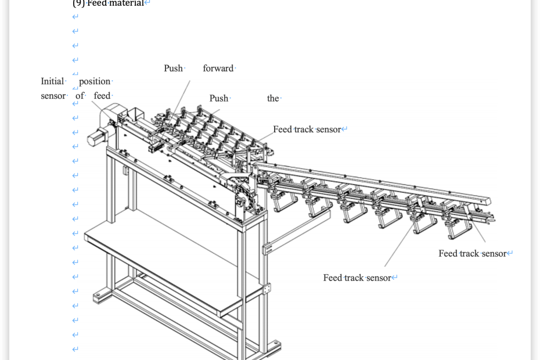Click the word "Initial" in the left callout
click(52, 81)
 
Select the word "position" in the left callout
click(95, 81)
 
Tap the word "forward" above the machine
click(218, 69)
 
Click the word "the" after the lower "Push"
click(273, 99)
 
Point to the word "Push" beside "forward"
click(173, 69)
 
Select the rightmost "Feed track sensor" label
click(473, 254)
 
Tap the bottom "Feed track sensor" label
click(357, 278)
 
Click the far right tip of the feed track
click(494, 219)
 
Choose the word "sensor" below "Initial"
click(53, 96)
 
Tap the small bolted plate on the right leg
click(267, 289)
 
